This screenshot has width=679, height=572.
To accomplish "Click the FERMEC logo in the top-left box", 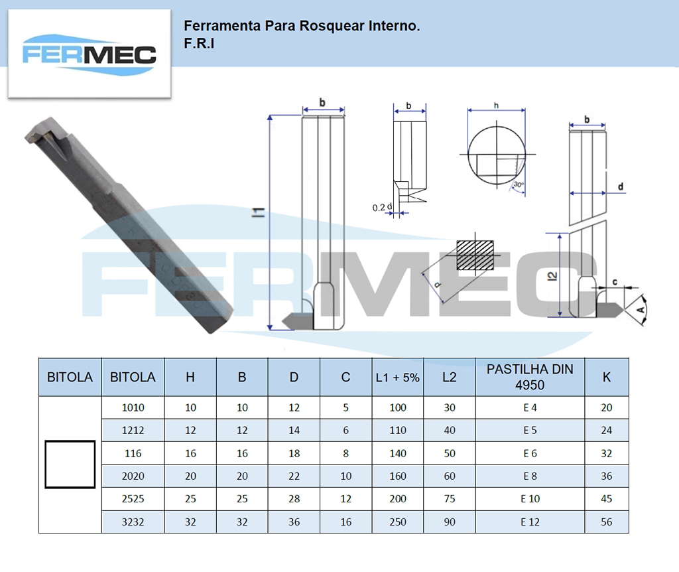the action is point(90,55).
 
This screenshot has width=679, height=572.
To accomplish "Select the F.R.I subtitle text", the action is point(199,43).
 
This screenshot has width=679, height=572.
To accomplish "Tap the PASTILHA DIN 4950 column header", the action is point(530,377).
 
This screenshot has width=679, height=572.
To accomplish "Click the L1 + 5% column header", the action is point(398,378).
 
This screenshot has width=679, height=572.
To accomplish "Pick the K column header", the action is point(607,378).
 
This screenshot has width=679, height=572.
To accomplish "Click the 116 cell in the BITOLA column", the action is point(133,453).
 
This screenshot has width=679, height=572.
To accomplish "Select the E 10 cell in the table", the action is point(530,499).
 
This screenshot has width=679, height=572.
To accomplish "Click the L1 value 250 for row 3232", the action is point(398,522).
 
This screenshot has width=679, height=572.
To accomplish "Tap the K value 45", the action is point(606,499).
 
